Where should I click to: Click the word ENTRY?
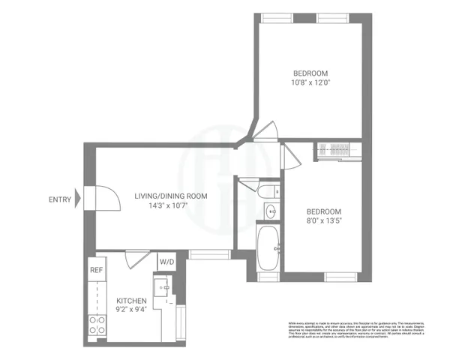[x=61, y=199]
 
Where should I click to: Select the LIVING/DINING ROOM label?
[x=171, y=196]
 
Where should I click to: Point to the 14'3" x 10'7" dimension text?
[x=171, y=207]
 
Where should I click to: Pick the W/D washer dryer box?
[x=166, y=262]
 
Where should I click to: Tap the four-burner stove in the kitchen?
[x=97, y=325]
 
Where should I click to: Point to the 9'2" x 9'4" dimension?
[x=131, y=309]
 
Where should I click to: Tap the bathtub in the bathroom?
[x=268, y=249]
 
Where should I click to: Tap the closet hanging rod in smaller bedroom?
[x=335, y=148]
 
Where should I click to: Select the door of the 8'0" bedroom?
[x=286, y=158]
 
